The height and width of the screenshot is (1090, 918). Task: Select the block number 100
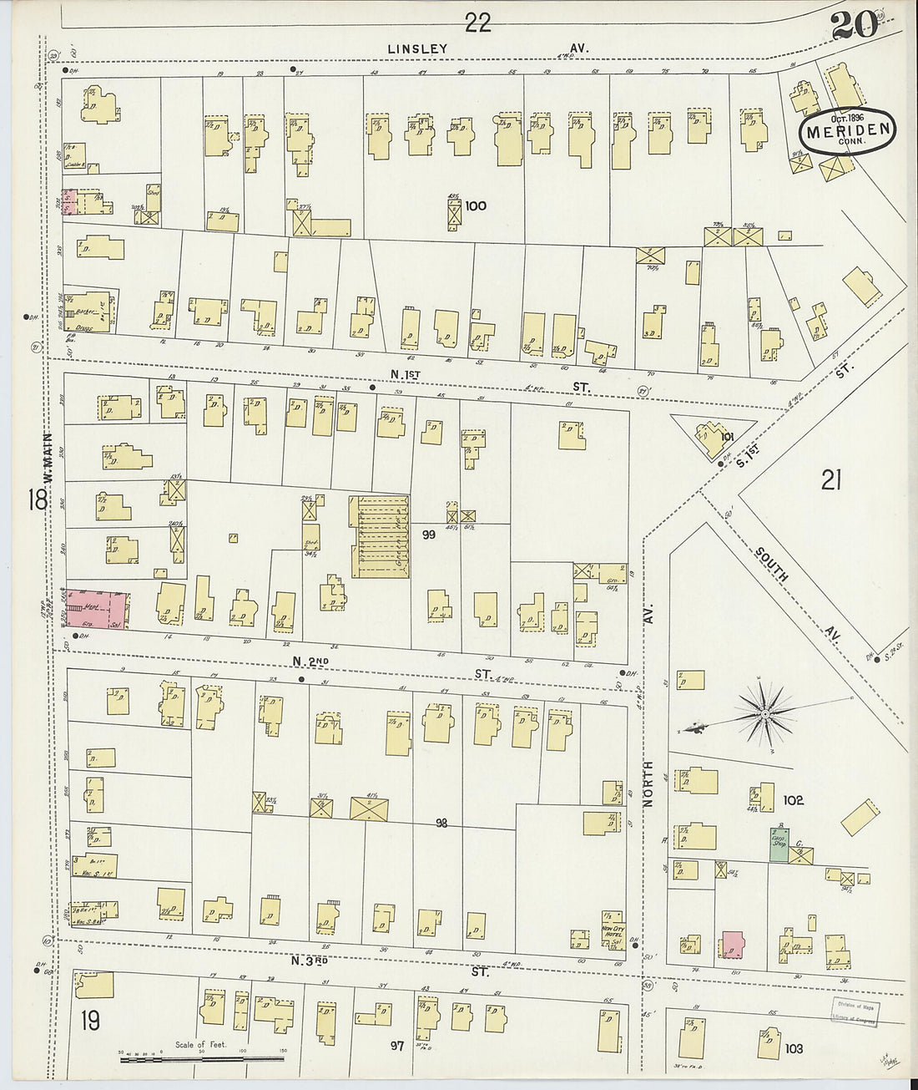(477, 205)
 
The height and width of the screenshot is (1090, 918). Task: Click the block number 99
(429, 535)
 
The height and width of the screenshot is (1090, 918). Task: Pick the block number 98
(441, 824)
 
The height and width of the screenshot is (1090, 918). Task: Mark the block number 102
(793, 800)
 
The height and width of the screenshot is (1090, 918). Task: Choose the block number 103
(793, 1047)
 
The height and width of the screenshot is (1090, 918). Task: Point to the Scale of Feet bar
(200, 1059)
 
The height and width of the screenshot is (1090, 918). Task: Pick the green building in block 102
(779, 844)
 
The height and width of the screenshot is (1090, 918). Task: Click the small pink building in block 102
(733, 944)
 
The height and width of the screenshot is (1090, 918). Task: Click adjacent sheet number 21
(830, 479)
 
